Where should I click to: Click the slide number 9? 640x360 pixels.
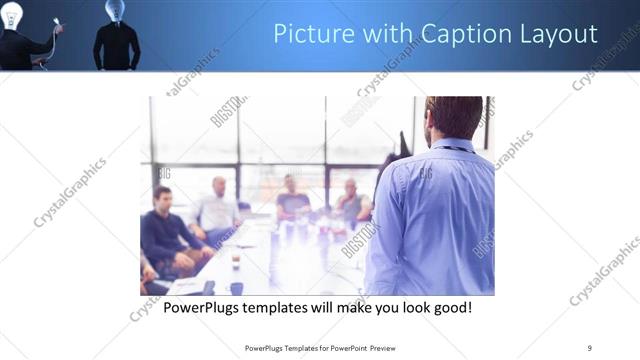click(589, 347)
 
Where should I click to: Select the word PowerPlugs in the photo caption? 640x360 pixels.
click(201, 306)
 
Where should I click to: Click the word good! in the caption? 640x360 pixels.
click(451, 306)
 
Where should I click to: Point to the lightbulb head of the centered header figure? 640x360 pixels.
click(115, 10)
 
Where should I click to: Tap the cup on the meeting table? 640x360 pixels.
click(234, 257)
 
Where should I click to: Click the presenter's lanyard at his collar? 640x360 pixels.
click(455, 146)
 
